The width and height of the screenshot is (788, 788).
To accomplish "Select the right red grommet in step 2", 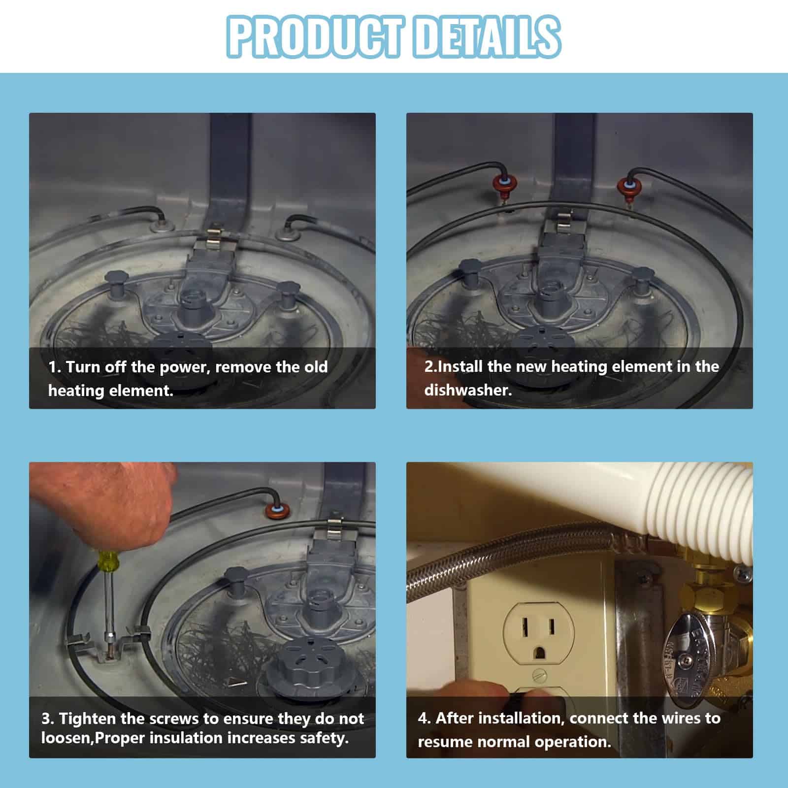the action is point(627,186).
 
